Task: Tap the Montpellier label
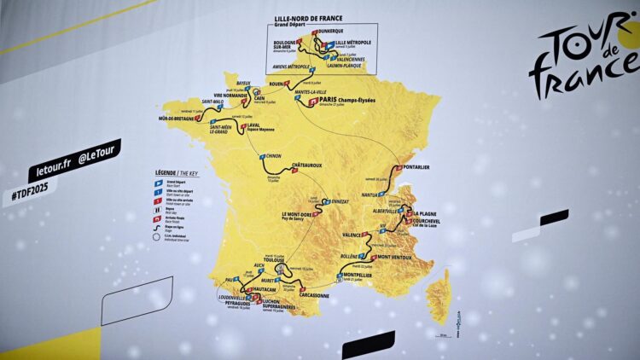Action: point(364,274)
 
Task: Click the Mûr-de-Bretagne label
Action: point(177,119)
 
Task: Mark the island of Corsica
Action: point(439,295)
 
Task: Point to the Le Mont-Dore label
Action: point(291,214)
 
